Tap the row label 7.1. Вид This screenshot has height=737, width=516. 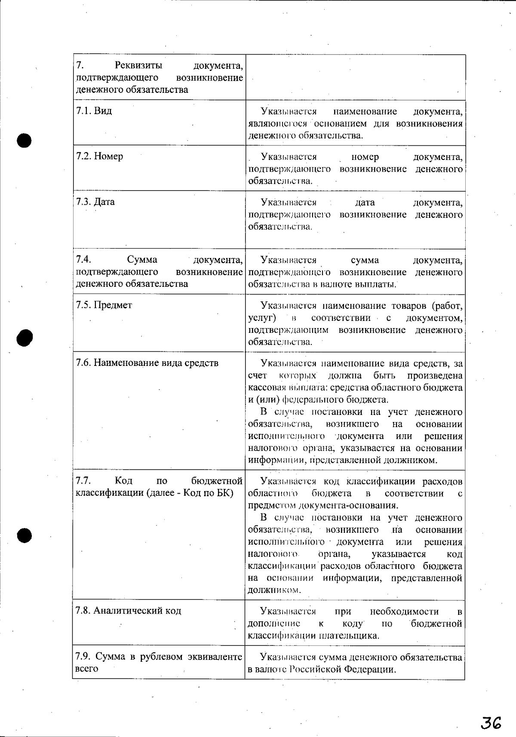[x=94, y=111]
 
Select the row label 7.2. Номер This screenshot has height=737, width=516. [x=99, y=157]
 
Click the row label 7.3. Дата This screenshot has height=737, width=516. [x=95, y=202]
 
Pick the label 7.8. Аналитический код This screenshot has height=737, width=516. [x=128, y=611]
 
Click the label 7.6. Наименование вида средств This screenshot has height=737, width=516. [x=147, y=363]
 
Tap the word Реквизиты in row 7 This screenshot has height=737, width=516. [x=138, y=66]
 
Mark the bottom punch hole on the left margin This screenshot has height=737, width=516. [x=25, y=534]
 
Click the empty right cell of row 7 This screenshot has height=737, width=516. [x=355, y=77]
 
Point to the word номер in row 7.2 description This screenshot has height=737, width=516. [x=365, y=157]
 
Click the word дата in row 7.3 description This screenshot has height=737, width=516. [x=365, y=203]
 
